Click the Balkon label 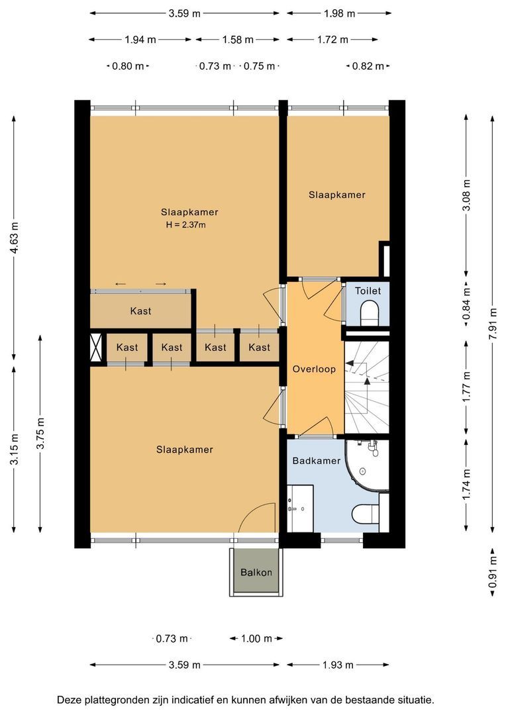coord(256,572)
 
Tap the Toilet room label coord(368,291)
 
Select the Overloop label coord(314,369)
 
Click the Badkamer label coord(316,461)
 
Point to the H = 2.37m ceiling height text coord(185,224)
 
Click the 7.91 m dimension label coord(492,324)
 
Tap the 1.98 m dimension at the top coord(340,13)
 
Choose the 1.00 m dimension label coord(256,638)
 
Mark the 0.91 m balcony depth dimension coord(493,573)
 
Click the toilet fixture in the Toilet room coord(370,314)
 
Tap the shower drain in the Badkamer coord(363,471)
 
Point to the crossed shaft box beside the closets coord(96,347)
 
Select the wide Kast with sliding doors coord(140,311)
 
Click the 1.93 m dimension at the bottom coord(338,665)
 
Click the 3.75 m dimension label coord(40,433)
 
